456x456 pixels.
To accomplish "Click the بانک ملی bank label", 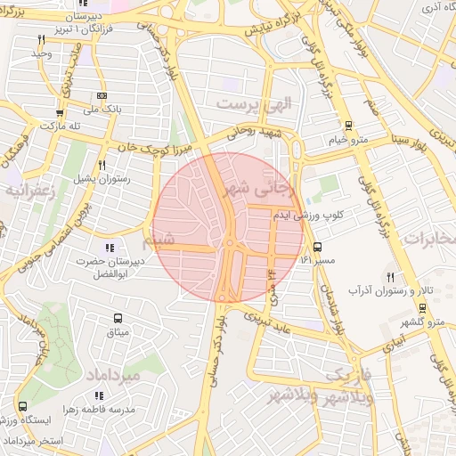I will (101, 109).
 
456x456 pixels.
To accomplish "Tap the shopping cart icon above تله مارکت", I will (60, 113).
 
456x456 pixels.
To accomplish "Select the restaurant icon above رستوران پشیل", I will (102, 166).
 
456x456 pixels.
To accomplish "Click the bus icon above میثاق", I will (118, 318).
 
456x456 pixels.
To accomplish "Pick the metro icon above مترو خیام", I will (347, 126).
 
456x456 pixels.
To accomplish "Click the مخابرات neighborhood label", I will (429, 238).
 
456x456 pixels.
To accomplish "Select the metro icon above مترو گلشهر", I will (422, 308).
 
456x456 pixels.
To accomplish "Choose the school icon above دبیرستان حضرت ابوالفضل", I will (109, 248).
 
